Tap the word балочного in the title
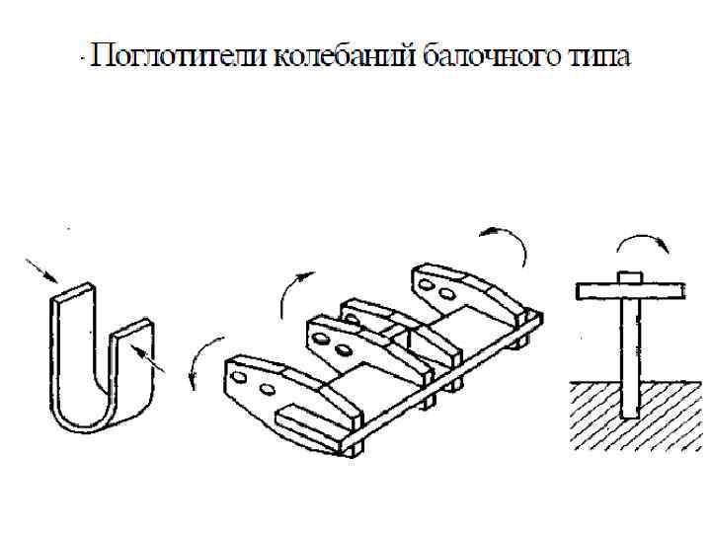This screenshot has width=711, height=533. [x=491, y=56]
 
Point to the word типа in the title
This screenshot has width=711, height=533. [x=596, y=56]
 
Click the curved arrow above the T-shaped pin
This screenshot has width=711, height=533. [x=635, y=243]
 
